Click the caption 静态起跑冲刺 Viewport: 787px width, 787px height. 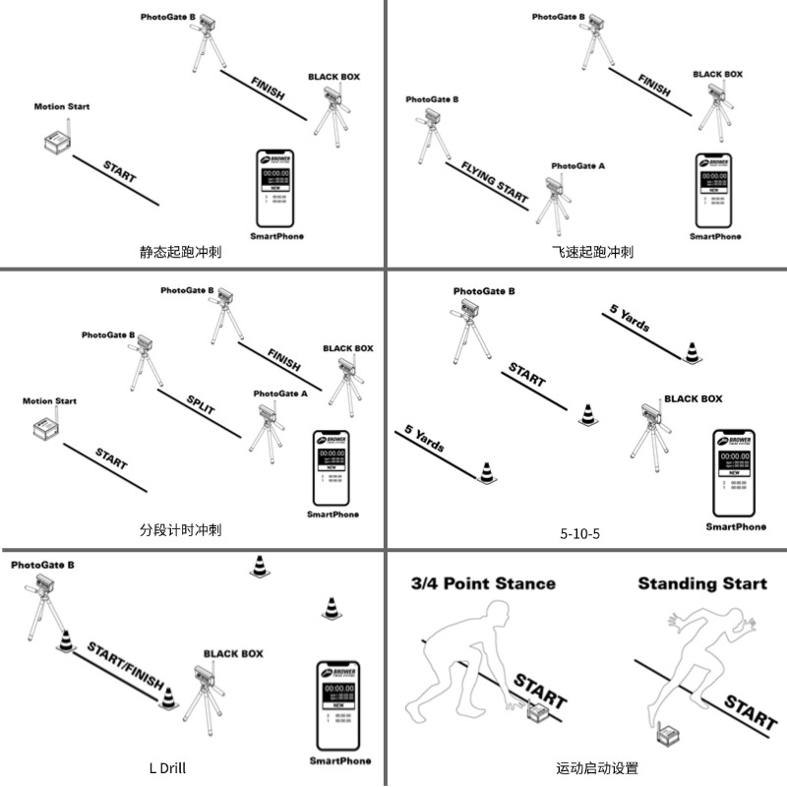(x=180, y=252)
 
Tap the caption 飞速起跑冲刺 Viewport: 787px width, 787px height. (x=592, y=252)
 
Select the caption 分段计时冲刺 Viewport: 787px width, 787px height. (x=180, y=529)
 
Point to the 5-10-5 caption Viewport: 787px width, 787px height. (x=579, y=534)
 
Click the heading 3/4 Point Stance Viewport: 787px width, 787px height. (x=483, y=583)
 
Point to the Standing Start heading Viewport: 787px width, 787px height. (x=701, y=583)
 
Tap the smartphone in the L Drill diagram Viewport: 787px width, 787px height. (x=340, y=705)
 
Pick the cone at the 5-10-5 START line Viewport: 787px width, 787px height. (x=587, y=415)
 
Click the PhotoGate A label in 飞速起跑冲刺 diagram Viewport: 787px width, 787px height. (x=577, y=166)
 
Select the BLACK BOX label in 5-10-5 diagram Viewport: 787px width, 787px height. (x=693, y=398)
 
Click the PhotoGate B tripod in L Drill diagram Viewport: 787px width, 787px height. (x=45, y=610)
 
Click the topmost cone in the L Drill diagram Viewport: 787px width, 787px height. (x=260, y=566)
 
